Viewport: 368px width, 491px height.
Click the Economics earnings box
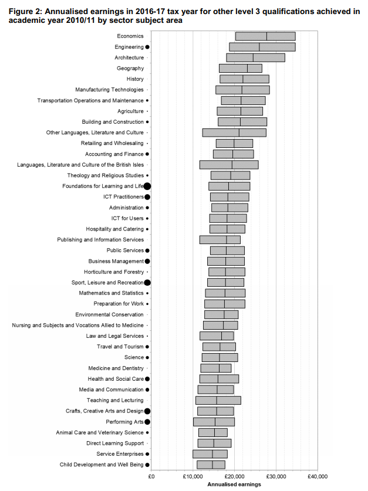pos(265,36)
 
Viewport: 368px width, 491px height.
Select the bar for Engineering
pos(262,47)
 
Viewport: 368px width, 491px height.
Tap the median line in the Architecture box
pos(253,57)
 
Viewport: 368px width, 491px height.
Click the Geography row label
pos(130,68)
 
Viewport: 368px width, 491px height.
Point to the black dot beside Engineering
pos(147,47)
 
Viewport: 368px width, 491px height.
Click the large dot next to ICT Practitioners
pos(147,197)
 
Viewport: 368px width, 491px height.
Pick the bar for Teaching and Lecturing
pos(218,400)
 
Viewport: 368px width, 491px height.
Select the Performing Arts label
pos(124,422)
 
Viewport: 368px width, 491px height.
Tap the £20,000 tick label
pos(234,476)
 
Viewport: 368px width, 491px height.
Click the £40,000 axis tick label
pos(318,476)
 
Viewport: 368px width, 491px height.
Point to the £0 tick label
pos(151,476)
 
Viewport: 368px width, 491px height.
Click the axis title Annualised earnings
pos(234,485)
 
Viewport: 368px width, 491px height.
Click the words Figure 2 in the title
pos(25,12)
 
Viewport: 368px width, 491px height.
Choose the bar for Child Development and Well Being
pos(211,465)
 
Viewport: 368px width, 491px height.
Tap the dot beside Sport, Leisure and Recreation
pos(147,282)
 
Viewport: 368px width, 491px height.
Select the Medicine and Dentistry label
pos(116,368)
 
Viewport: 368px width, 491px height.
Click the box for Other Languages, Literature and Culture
pos(234,133)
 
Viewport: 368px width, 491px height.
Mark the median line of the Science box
pos(220,358)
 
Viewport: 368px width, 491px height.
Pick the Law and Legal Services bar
pos(217,336)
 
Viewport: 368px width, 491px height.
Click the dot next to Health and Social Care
pos(147,379)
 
